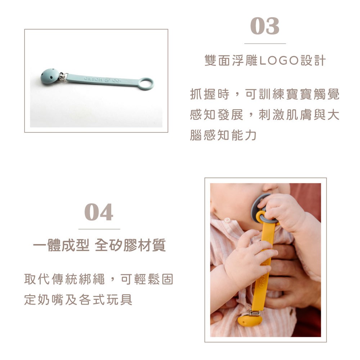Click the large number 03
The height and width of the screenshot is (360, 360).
pyautogui.click(x=265, y=26)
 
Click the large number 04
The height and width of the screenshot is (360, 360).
pyautogui.click(x=99, y=212)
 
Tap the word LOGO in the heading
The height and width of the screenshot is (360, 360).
pyautogui.click(x=279, y=61)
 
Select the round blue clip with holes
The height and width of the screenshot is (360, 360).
pyautogui.click(x=49, y=76)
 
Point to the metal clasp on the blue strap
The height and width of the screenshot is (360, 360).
pyautogui.click(x=62, y=77)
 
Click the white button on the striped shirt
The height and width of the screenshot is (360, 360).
pyautogui.click(x=227, y=220)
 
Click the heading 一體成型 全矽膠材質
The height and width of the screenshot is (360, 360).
pyautogui.click(x=99, y=245)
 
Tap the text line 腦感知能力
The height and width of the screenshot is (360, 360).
pyautogui.click(x=223, y=135)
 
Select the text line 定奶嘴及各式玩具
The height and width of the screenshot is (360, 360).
pyautogui.click(x=78, y=300)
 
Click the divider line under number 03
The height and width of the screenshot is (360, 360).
pyautogui.click(x=265, y=44)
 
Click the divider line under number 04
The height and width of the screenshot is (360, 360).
pyautogui.click(x=99, y=229)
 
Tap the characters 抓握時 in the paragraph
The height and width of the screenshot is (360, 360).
pyautogui.click(x=210, y=94)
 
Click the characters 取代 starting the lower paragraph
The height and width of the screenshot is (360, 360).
pyautogui.click(x=37, y=279)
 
